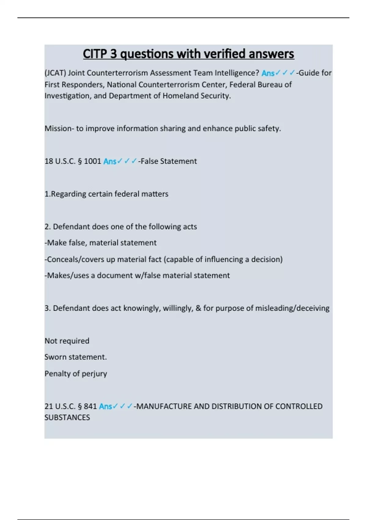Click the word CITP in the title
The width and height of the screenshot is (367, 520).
pyautogui.click(x=95, y=54)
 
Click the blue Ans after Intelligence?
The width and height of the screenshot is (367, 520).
pyautogui.click(x=268, y=73)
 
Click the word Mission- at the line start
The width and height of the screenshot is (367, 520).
pyautogui.click(x=59, y=128)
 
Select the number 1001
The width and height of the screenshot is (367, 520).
pyautogui.click(x=92, y=161)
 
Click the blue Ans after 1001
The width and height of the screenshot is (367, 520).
pyautogui.click(x=110, y=162)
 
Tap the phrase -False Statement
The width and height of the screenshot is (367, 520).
pyautogui.click(x=168, y=161)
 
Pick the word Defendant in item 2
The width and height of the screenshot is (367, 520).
pyautogui.click(x=72, y=227)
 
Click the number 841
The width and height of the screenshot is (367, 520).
pyautogui.click(x=90, y=407)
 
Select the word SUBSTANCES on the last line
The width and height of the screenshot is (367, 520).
pyautogui.click(x=67, y=418)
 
